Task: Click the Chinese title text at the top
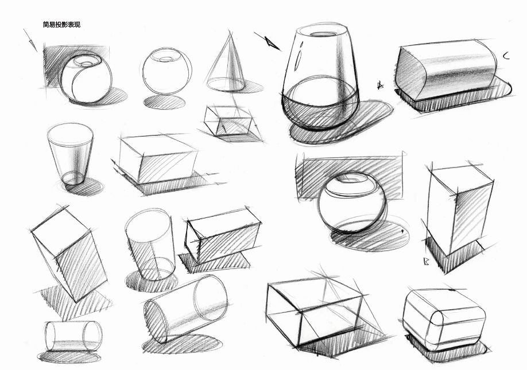pyautogui.click(x=62, y=25)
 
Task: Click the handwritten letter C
pyautogui.click(x=506, y=56)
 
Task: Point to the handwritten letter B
pyautogui.click(x=427, y=262)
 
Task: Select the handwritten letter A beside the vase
pyautogui.click(x=380, y=85)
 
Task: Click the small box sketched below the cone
pyautogui.click(x=228, y=121)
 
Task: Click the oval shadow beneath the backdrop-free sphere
pyautogui.click(x=164, y=102)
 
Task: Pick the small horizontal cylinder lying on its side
pyautogui.click(x=73, y=336)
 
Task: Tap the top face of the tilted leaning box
pyautogui.click(x=60, y=232)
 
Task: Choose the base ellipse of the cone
pyautogui.click(x=226, y=84)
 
